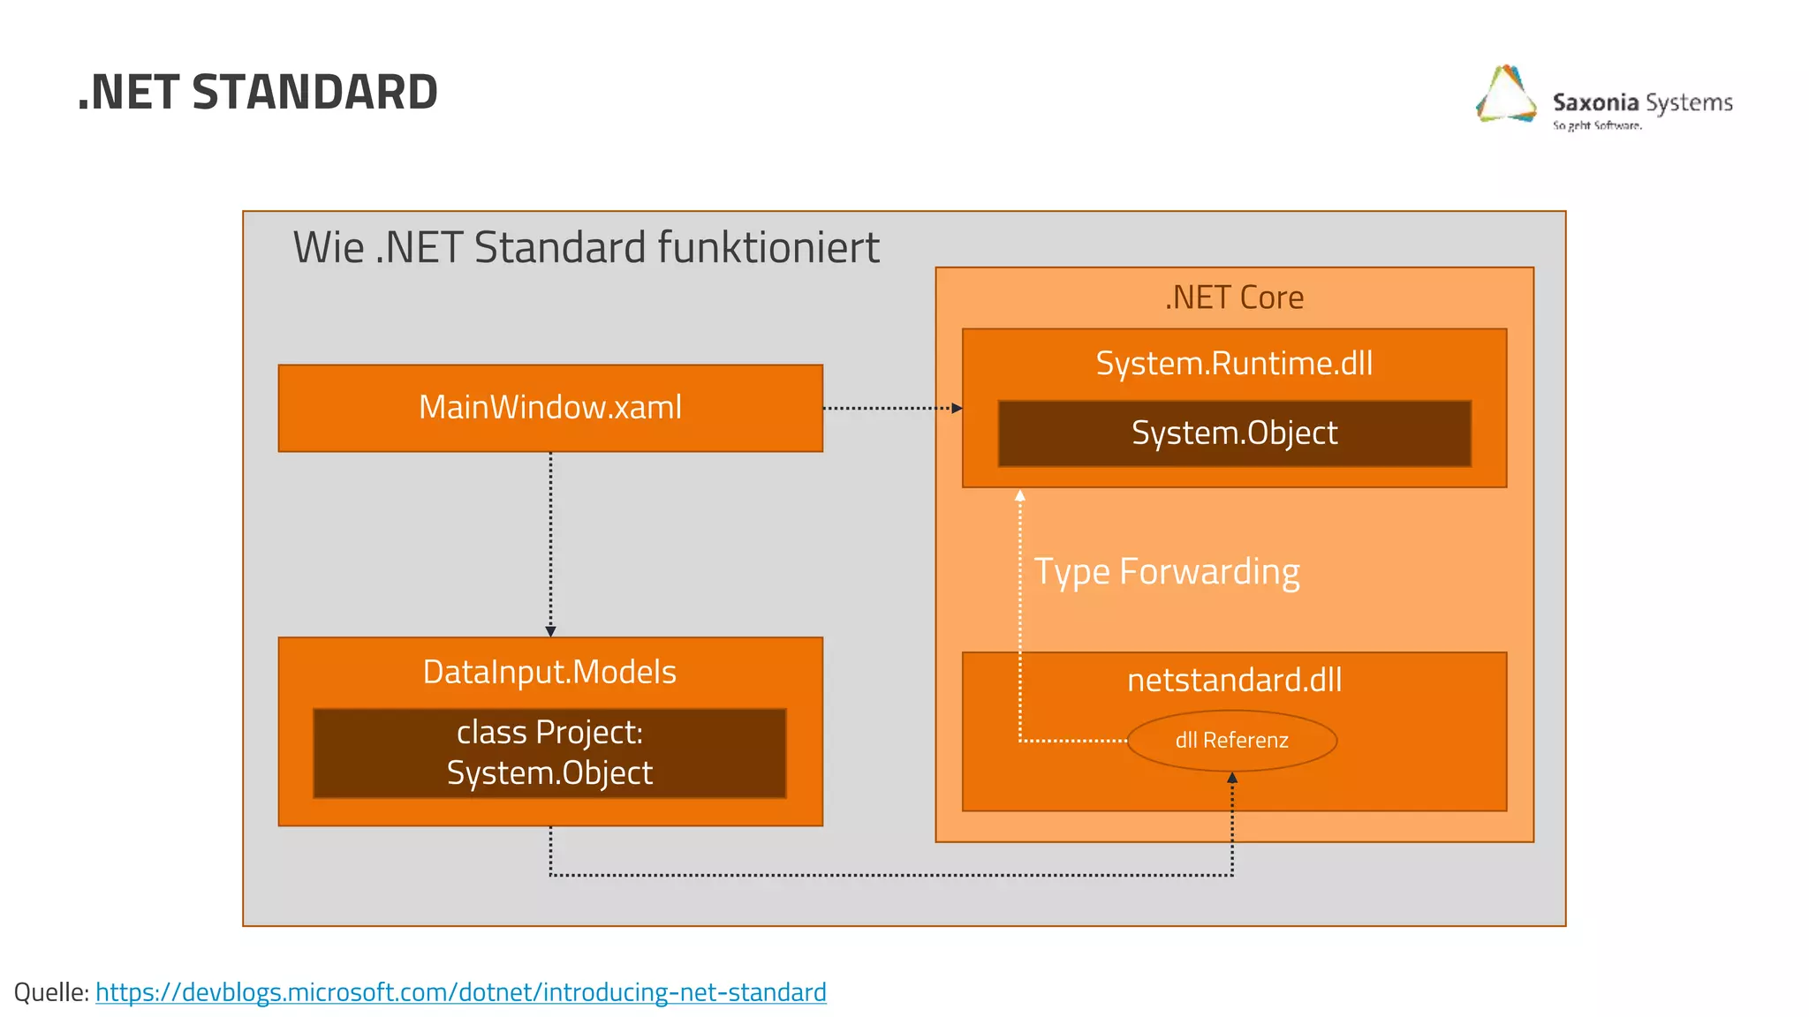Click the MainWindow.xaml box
click(550, 408)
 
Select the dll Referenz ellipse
click(1231, 741)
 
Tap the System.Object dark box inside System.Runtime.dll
click(1234, 433)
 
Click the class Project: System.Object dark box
click(549, 753)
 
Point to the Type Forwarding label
click(1166, 572)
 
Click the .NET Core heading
click(1234, 298)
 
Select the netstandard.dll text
click(1234, 681)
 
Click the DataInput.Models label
click(549, 673)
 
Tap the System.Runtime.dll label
click(1234, 364)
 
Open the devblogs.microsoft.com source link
click(460, 992)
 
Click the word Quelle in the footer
click(49, 992)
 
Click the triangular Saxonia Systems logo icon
click(1507, 95)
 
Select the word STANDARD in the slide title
click(314, 93)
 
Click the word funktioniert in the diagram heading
click(768, 248)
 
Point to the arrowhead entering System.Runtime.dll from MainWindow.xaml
click(957, 409)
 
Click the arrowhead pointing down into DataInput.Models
click(550, 631)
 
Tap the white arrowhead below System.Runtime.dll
click(1020, 496)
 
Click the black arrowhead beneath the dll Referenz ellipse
click(1232, 778)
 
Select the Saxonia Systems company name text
click(1642, 103)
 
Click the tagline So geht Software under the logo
click(1597, 126)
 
